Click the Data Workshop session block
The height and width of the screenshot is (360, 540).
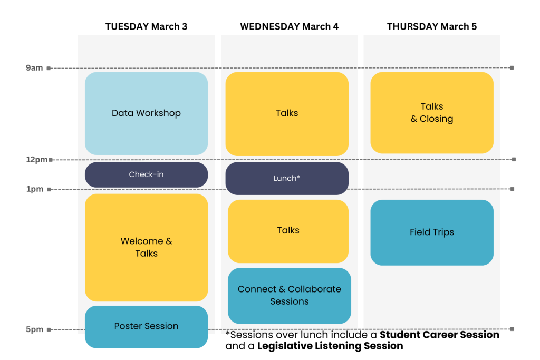[x=146, y=113]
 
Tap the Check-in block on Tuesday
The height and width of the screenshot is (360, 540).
[x=146, y=174]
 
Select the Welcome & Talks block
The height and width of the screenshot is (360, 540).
[x=146, y=247]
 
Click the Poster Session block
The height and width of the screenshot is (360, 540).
[x=146, y=326]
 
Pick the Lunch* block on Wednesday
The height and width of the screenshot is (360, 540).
[x=287, y=178]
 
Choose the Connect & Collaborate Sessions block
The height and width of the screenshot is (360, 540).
[x=289, y=295]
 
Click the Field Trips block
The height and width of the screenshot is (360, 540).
[x=431, y=232]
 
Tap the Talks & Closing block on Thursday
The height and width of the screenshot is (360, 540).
[x=431, y=113]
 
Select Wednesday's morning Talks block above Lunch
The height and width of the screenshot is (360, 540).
[x=287, y=113]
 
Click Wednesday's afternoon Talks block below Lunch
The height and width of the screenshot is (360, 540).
[x=288, y=230]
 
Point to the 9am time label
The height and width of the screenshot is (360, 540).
[x=34, y=68]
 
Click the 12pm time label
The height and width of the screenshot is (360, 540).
[x=36, y=159]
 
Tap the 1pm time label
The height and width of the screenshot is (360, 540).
[x=35, y=189]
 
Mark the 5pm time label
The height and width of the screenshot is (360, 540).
[x=35, y=330]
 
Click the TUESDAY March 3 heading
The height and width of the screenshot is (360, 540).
[x=146, y=26]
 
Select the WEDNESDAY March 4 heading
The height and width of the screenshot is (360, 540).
[x=289, y=26]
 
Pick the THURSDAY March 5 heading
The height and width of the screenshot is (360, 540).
[x=431, y=26]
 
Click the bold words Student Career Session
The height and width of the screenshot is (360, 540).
[x=439, y=335]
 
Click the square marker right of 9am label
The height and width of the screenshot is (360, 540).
[x=49, y=68]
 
